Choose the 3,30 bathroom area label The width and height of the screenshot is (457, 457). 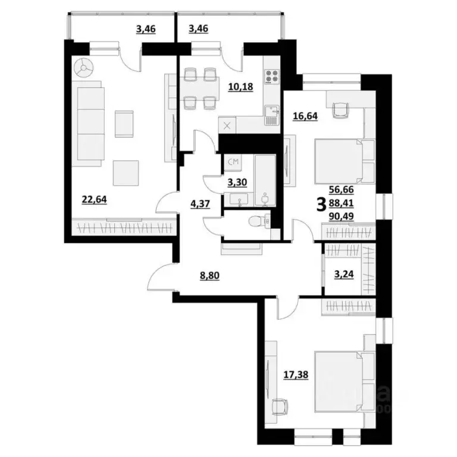(238, 183)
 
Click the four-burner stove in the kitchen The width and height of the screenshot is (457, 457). (273, 77)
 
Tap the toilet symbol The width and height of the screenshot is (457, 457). (256, 221)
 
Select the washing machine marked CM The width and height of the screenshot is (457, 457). (233, 161)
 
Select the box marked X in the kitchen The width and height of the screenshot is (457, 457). (227, 126)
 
